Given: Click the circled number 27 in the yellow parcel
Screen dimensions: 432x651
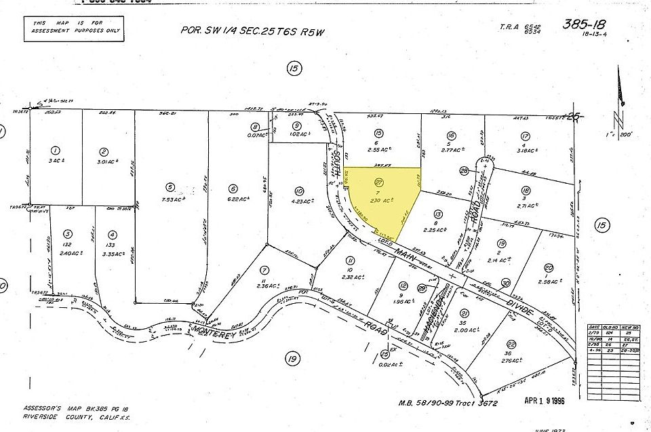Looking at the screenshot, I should [x=378, y=182].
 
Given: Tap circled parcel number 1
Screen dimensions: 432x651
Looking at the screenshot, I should [x=56, y=151].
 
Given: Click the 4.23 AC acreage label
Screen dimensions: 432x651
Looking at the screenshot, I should [x=299, y=201].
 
